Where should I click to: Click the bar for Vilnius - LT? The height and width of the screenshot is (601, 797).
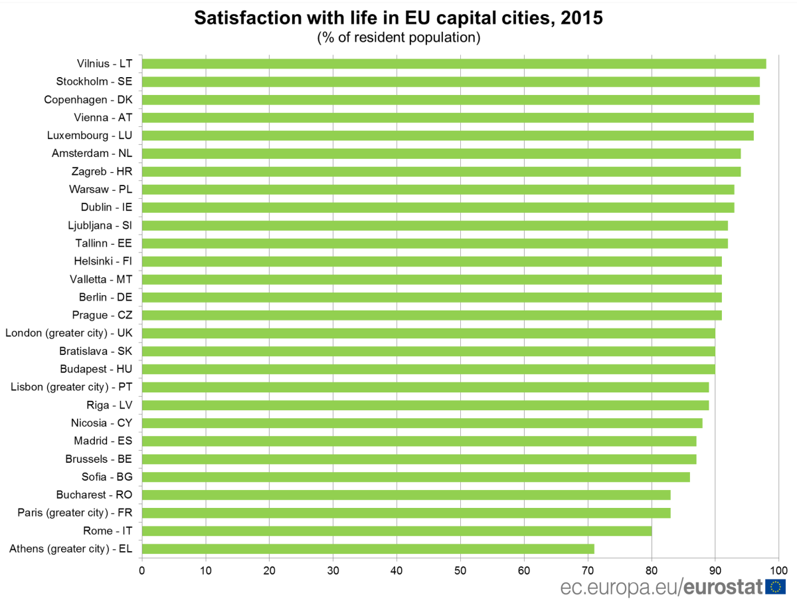(454, 64)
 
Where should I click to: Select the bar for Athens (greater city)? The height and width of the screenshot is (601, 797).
(368, 548)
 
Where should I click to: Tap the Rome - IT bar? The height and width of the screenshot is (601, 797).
(397, 531)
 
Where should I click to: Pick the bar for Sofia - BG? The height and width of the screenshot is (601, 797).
(416, 477)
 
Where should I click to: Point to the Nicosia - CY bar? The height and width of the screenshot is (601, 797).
(422, 423)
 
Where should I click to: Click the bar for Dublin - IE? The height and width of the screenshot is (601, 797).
(438, 207)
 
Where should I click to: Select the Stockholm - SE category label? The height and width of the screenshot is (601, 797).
(88, 82)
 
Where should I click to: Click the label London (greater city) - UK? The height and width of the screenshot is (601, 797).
(68, 332)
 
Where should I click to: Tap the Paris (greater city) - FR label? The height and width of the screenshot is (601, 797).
(74, 513)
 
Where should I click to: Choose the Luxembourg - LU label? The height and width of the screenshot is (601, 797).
(90, 136)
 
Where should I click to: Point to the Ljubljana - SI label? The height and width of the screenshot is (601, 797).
(100, 225)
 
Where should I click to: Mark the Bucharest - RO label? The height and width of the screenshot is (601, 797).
(94, 495)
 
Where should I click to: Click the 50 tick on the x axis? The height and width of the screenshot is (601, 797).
(460, 570)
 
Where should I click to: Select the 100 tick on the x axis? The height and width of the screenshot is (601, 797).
(778, 570)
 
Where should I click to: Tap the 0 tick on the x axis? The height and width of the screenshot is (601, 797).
(142, 570)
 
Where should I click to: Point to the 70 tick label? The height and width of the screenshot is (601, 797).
(588, 570)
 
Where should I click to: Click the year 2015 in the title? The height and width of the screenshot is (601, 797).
(581, 18)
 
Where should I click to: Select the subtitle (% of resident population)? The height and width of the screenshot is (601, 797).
(398, 37)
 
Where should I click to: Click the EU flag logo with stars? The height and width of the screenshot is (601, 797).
(775, 586)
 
